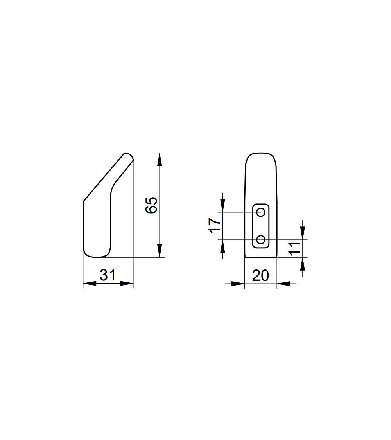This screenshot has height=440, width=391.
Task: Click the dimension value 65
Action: (x=152, y=205)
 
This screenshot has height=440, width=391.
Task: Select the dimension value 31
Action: (x=108, y=275)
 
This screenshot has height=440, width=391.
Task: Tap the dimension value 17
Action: (x=215, y=226)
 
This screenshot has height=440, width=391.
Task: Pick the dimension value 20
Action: (x=260, y=275)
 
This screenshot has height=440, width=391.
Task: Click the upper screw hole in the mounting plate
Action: (x=261, y=212)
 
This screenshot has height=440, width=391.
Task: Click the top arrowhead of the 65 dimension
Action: (x=159, y=160)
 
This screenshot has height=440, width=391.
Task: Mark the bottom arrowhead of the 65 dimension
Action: (x=159, y=251)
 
